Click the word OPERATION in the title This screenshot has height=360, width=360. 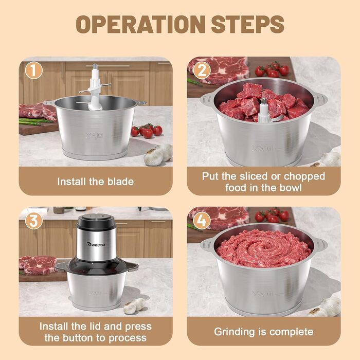click(x=140, y=24)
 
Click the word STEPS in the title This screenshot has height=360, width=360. click(x=247, y=24)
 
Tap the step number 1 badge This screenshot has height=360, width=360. click(x=34, y=70)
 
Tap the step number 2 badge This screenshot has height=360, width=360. click(x=202, y=70)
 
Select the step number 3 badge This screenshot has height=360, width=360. click(x=34, y=221)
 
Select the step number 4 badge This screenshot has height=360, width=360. click(x=202, y=221)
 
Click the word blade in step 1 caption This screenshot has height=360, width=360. click(x=121, y=182)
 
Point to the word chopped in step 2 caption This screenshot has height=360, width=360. click(x=304, y=176)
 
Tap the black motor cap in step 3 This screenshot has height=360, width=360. click(x=96, y=222)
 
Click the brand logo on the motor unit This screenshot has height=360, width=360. click(x=97, y=244)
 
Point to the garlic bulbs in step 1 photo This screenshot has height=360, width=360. click(x=158, y=154)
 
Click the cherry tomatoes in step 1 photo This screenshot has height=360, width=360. click(x=147, y=131)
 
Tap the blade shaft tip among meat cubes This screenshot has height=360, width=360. click(x=264, y=101)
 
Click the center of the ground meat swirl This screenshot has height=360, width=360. click(x=263, y=248)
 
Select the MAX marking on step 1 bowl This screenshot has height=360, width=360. click(x=95, y=136)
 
